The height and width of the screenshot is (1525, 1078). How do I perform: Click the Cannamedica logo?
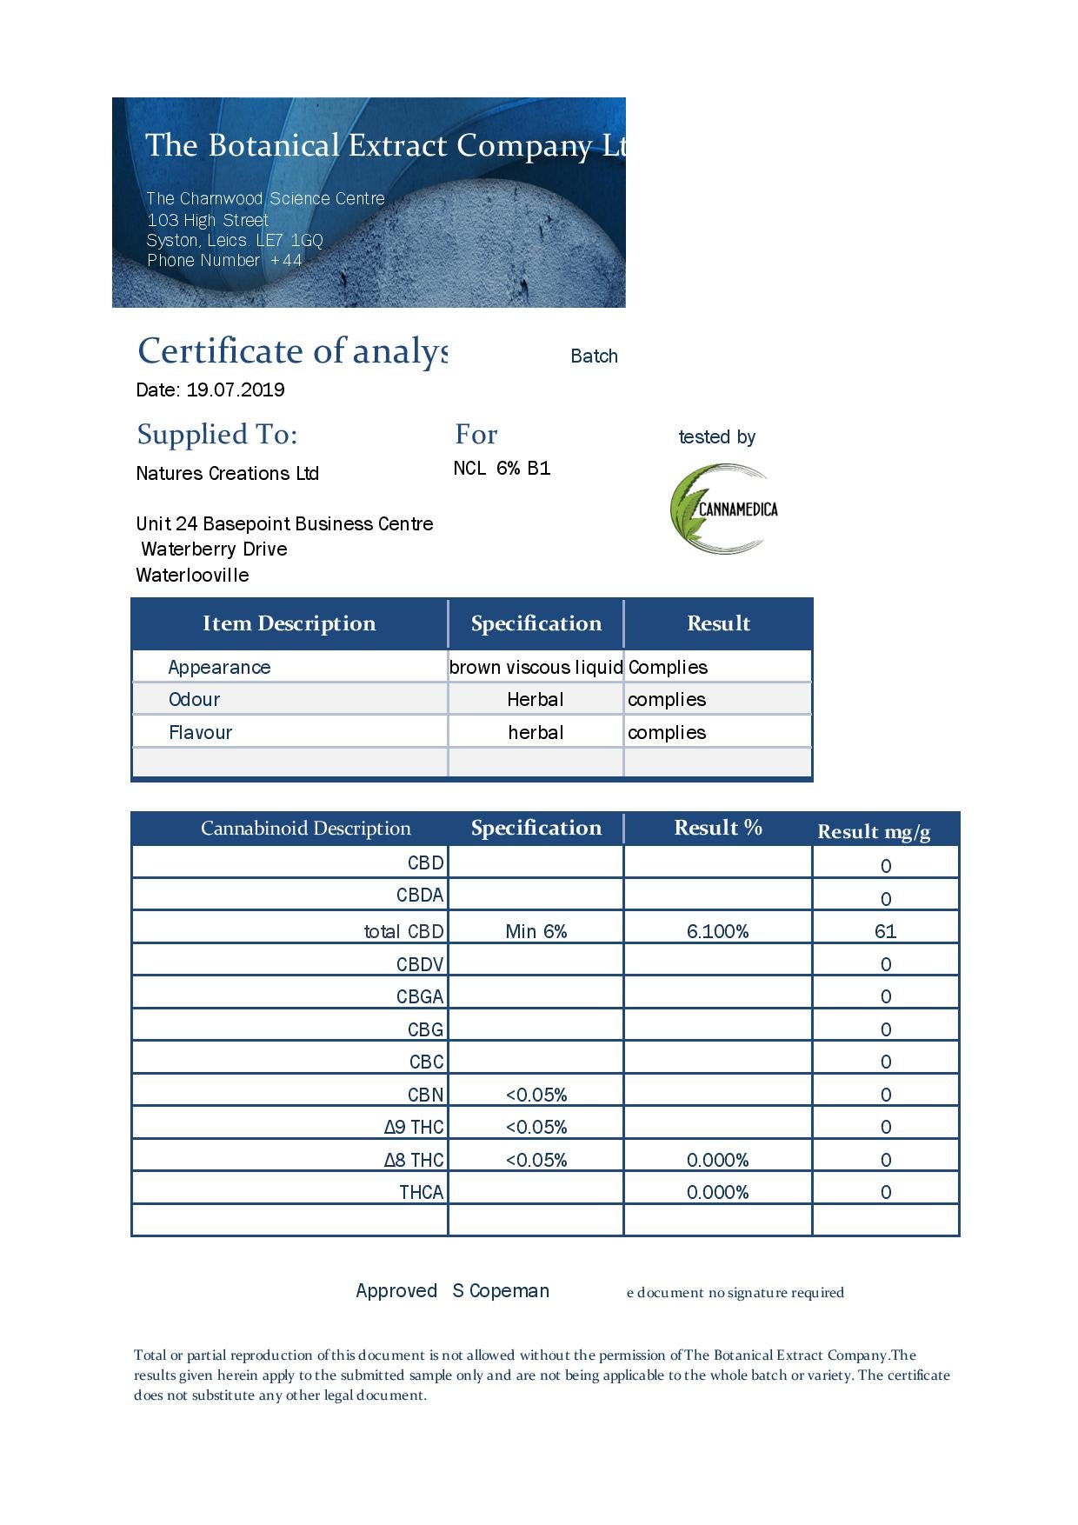pyautogui.click(x=723, y=509)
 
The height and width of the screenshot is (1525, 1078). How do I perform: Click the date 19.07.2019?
pyautogui.click(x=236, y=390)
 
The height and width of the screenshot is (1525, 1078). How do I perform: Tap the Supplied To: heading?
pyautogui.click(x=217, y=434)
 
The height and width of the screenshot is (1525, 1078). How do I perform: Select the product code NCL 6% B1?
pyautogui.click(x=502, y=469)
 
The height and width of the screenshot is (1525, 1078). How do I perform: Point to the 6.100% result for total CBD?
pyautogui.click(x=717, y=931)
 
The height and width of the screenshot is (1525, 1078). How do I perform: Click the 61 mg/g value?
pyautogui.click(x=885, y=931)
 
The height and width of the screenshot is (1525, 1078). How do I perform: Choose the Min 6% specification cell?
pyautogui.click(x=536, y=931)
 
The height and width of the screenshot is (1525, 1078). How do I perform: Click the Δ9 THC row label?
pyautogui.click(x=414, y=1127)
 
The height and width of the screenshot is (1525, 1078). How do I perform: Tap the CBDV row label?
pyautogui.click(x=420, y=964)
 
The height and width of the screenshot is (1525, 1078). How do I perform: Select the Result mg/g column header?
pyautogui.click(x=874, y=832)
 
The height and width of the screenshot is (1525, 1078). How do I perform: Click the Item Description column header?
pyautogui.click(x=289, y=623)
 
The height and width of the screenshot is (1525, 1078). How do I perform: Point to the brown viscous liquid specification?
pyautogui.click(x=536, y=667)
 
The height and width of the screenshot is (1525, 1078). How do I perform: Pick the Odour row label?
pyautogui.click(x=194, y=699)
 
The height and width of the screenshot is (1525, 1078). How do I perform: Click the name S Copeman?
pyautogui.click(x=501, y=1290)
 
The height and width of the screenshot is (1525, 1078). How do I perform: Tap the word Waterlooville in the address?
pyautogui.click(x=192, y=575)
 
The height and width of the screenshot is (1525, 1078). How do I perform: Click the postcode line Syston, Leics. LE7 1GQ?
pyautogui.click(x=235, y=240)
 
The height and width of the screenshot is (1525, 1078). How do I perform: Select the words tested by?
pyautogui.click(x=716, y=436)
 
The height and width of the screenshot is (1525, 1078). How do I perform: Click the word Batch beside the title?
pyautogui.click(x=594, y=356)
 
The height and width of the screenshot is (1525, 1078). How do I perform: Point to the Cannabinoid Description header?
pyautogui.click(x=305, y=828)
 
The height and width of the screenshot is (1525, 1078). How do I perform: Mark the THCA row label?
pyautogui.click(x=421, y=1192)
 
